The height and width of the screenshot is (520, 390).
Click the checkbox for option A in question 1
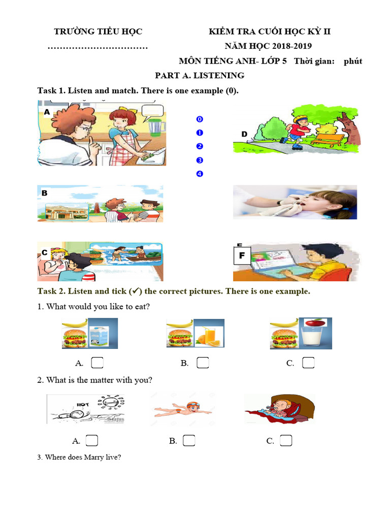[97, 363]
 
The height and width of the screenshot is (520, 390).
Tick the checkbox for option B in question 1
[203, 363]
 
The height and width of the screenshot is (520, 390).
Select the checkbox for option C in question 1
[308, 363]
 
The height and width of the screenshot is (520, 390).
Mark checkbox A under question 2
[92, 440]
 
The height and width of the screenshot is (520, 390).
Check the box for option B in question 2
[189, 440]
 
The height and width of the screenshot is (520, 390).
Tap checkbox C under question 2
[286, 440]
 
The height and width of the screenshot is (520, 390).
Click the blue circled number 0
[200, 119]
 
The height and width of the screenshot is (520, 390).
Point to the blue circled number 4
[200, 174]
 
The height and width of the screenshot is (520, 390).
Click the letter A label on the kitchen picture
[47, 112]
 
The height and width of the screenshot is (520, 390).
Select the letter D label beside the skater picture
[244, 134]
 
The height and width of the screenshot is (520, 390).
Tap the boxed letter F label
[242, 256]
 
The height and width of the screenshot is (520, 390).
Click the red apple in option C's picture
[315, 322]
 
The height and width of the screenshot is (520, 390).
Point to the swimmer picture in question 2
[183, 409]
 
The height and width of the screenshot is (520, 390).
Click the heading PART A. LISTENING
[200, 76]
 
